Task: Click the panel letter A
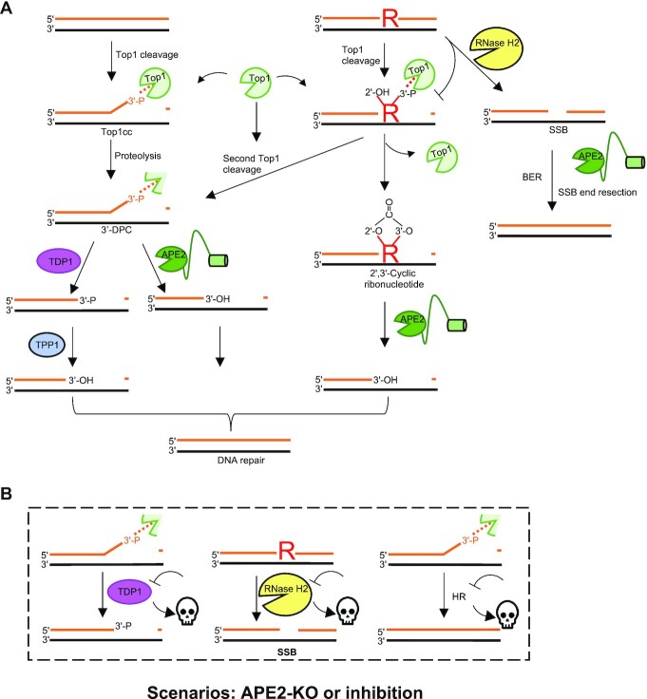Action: (x=9, y=9)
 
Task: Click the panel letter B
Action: (x=9, y=495)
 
